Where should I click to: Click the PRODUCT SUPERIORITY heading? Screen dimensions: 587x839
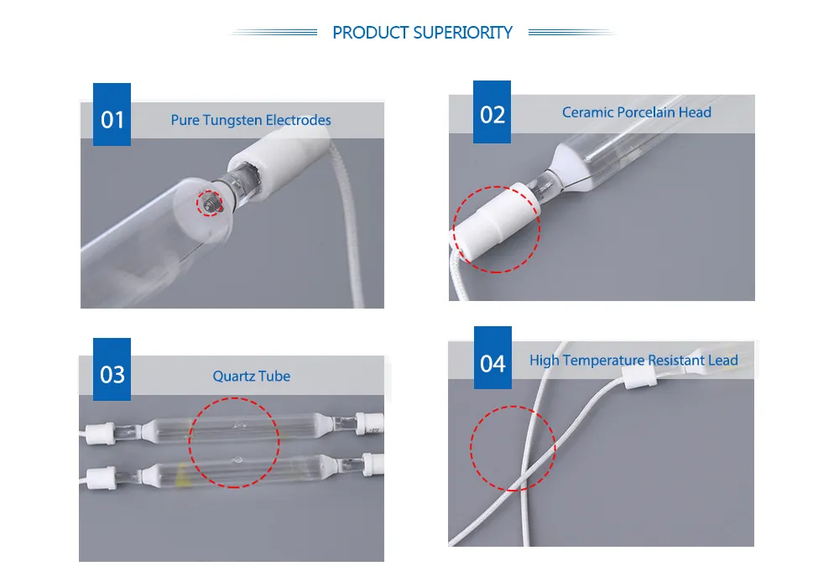tap(422, 33)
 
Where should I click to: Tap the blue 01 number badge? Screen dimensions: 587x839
tap(112, 120)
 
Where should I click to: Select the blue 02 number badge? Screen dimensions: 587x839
tap(492, 113)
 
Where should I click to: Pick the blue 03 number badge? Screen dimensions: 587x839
tap(112, 374)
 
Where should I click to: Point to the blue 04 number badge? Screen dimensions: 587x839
tap(492, 363)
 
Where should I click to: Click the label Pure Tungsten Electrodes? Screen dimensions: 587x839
tap(251, 120)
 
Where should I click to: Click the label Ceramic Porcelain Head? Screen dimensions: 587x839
tap(636, 112)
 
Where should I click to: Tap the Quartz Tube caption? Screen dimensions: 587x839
tap(251, 377)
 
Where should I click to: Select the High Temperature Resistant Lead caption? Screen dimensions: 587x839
tap(633, 361)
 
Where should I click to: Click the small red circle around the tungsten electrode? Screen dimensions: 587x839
tap(210, 201)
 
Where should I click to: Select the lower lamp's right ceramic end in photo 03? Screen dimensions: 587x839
tap(373, 466)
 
